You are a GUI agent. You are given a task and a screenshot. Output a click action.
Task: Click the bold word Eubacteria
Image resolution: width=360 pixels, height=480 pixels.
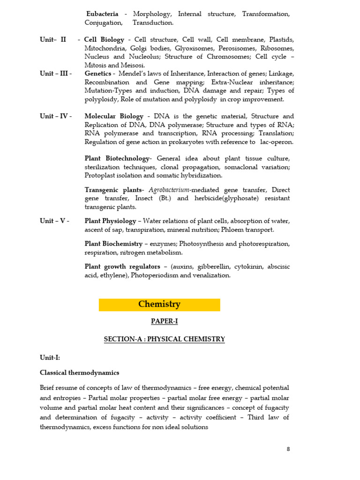(x=102, y=14)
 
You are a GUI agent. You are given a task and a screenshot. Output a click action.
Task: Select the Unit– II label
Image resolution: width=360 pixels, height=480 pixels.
(x=53, y=40)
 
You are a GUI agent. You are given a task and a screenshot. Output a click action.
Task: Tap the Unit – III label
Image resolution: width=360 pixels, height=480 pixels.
(x=56, y=74)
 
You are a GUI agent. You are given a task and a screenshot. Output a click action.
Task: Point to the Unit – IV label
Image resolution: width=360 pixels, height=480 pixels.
(x=56, y=116)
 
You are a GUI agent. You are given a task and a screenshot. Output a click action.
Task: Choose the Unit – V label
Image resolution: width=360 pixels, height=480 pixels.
(x=55, y=221)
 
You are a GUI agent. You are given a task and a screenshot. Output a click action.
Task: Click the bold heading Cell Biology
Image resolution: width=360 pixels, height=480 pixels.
(x=104, y=40)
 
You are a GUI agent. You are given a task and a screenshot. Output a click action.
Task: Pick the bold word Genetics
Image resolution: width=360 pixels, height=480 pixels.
(x=98, y=74)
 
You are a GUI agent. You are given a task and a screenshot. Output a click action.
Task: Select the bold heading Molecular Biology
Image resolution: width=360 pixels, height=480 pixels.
(x=114, y=116)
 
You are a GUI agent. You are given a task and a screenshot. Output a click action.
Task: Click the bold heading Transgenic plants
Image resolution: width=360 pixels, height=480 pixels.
(x=113, y=190)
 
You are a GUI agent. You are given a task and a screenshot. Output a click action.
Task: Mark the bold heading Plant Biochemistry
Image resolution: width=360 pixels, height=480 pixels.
(x=113, y=244)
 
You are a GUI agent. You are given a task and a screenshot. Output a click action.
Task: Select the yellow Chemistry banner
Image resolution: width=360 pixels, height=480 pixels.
(x=159, y=305)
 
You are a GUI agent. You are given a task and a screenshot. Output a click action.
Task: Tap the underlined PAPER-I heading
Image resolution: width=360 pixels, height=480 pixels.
(x=164, y=322)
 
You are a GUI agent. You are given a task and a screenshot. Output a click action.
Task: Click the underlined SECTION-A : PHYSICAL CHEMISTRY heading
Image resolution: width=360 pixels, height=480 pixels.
(x=164, y=339)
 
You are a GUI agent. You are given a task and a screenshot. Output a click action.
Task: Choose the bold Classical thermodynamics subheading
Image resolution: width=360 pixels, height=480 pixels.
(x=80, y=373)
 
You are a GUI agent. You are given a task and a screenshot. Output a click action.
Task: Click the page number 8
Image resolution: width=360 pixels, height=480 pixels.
(x=288, y=449)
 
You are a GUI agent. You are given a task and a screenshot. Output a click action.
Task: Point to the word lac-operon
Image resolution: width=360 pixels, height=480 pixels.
(x=277, y=142)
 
